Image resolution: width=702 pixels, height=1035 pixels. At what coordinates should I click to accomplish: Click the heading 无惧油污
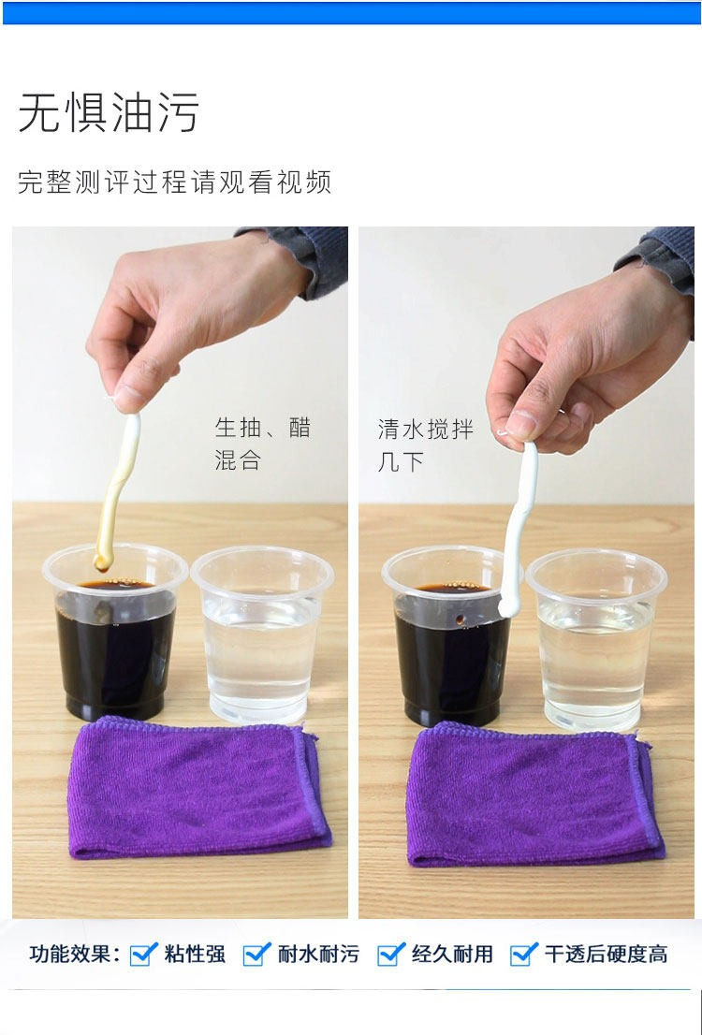tap(109, 112)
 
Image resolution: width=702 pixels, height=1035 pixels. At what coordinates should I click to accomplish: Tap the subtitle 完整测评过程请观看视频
tap(174, 182)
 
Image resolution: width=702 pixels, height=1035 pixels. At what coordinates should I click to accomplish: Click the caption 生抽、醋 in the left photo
tap(262, 428)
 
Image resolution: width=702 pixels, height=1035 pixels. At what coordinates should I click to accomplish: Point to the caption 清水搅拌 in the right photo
tap(425, 429)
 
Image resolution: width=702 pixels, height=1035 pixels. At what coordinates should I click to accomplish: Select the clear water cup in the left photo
tap(262, 634)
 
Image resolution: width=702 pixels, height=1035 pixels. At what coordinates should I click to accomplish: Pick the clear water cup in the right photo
tap(596, 639)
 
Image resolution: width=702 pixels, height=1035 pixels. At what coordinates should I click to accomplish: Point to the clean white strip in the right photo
tap(519, 528)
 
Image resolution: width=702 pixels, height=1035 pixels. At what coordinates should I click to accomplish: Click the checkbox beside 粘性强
tap(143, 954)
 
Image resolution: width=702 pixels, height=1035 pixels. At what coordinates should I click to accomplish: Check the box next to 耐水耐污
tap(256, 954)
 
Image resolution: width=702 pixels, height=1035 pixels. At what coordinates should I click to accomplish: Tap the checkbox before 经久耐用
tap(391, 954)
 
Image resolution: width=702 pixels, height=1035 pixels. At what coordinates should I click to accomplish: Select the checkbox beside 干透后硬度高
tap(524, 954)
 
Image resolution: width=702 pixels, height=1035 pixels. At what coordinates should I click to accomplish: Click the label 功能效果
tap(74, 955)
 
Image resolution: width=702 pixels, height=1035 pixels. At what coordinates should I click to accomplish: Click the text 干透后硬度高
tap(606, 955)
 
